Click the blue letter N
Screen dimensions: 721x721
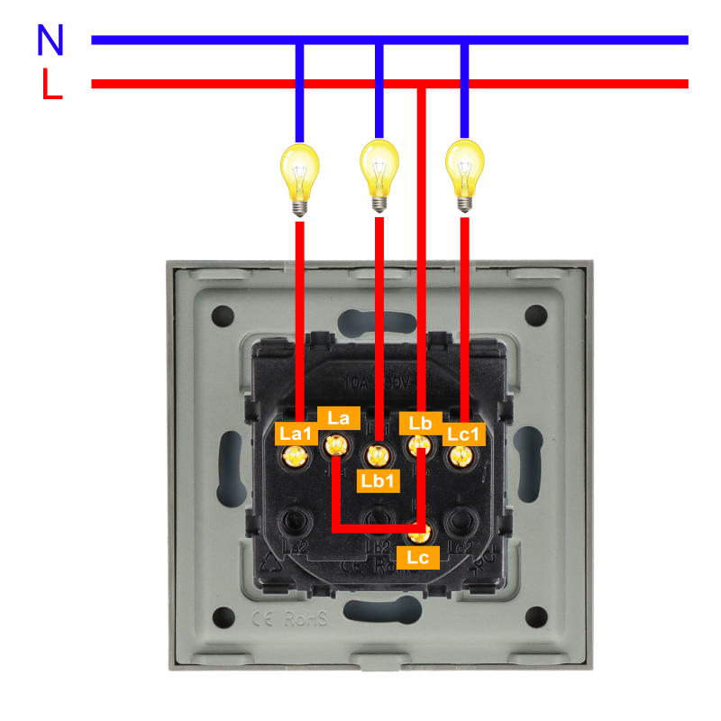click(x=50, y=40)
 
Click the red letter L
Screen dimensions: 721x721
click(x=51, y=84)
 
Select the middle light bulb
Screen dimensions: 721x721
click(x=379, y=174)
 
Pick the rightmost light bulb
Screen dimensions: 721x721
click(x=464, y=174)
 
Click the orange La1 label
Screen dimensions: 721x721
click(x=296, y=434)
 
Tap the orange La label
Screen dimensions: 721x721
click(x=339, y=417)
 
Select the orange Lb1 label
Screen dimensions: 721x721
click(x=378, y=480)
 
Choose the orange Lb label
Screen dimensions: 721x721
click(x=421, y=423)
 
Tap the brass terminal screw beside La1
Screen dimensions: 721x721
click(x=293, y=457)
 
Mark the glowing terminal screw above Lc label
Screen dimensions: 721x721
click(x=421, y=532)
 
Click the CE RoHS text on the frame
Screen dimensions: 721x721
click(x=290, y=619)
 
